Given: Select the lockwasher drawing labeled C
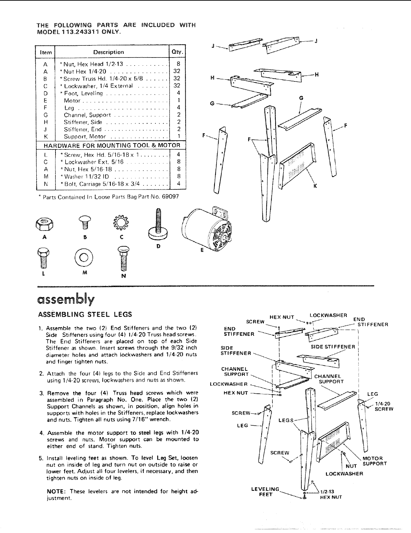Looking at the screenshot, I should pyautogui.click(x=121, y=222).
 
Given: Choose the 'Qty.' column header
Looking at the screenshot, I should pyautogui.click(x=177, y=52).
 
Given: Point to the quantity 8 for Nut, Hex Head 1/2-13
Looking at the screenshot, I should pyautogui.click(x=178, y=64).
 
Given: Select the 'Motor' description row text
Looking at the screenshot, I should pyautogui.click(x=72, y=101).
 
